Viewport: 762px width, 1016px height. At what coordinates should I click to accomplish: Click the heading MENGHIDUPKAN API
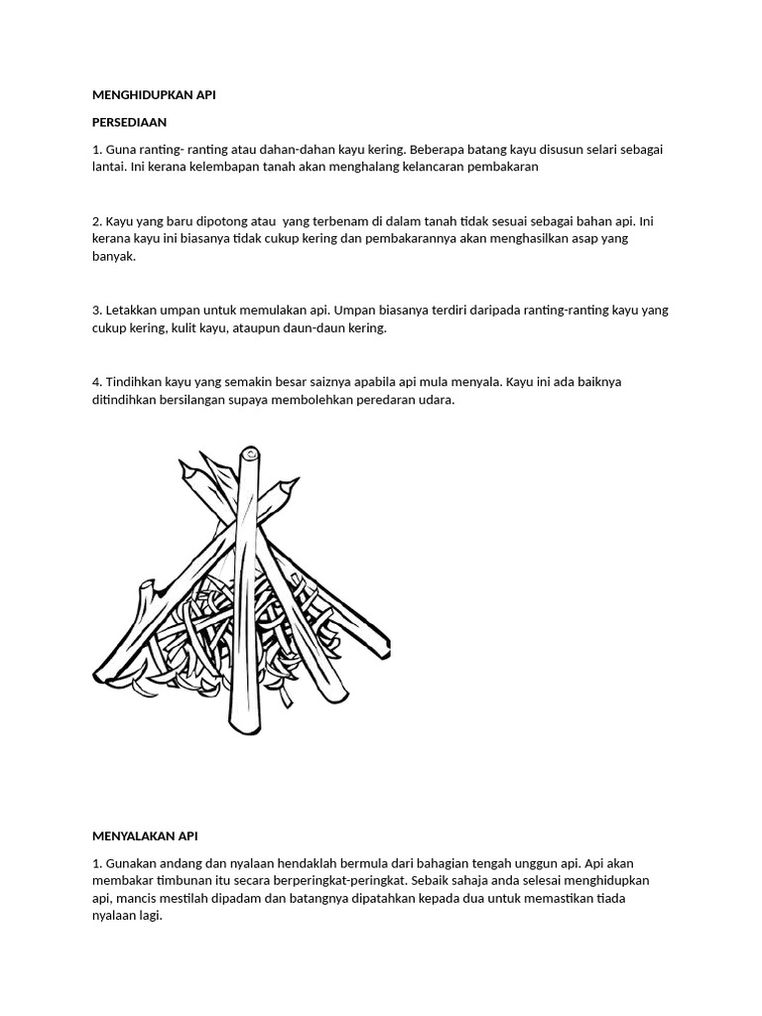coord(153,95)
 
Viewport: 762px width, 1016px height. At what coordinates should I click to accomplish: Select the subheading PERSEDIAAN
coord(129,122)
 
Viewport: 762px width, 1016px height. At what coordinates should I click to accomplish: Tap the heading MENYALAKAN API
coord(146,836)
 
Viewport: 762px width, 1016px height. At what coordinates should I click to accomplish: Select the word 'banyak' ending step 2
coord(113,256)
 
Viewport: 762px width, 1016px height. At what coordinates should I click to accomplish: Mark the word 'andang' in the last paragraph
coord(179,863)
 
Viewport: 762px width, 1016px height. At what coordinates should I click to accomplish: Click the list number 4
coord(95,381)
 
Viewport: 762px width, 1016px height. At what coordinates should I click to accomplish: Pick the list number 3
coord(95,310)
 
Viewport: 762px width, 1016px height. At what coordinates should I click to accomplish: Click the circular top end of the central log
coord(251,456)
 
